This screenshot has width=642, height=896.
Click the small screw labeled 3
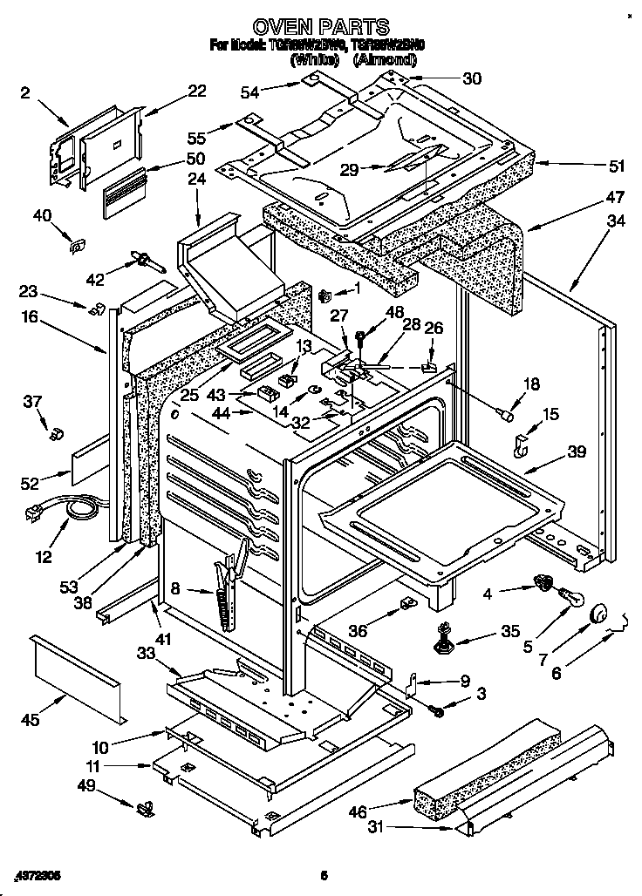coord(439,711)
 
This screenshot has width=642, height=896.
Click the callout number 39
coord(575,451)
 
